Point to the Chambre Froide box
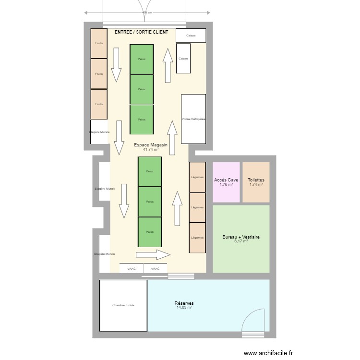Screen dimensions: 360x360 [x=123, y=305]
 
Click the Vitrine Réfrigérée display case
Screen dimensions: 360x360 [x=193, y=119]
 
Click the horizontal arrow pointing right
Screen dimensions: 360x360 [x=153, y=254]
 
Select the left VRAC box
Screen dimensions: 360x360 [x=132, y=269]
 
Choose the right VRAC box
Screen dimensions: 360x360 [x=156, y=269]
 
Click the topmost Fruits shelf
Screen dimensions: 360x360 [x=99, y=44]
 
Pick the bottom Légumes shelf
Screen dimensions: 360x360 [x=197, y=238]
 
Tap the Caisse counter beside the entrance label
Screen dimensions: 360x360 [x=191, y=36]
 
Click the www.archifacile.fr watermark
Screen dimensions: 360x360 [x=268, y=353]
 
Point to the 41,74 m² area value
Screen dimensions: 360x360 [x=151, y=150]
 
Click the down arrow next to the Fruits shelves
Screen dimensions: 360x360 [x=116, y=65]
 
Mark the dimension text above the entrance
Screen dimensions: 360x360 [x=147, y=13]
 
